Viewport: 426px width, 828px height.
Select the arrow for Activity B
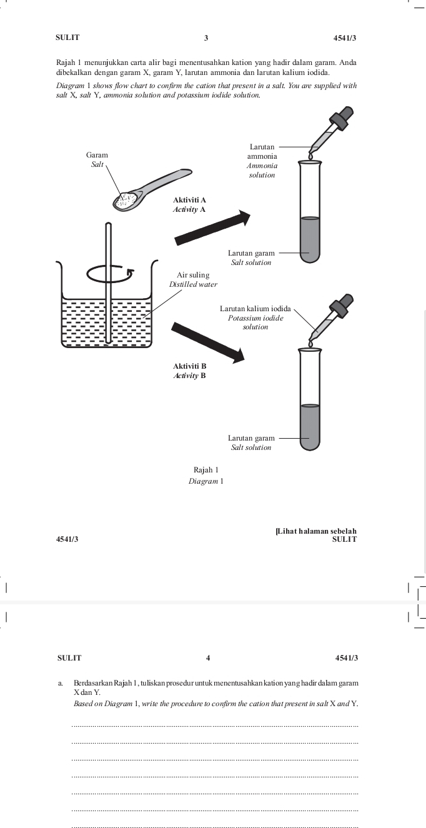click(208, 342)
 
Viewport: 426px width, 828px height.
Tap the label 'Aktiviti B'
click(189, 366)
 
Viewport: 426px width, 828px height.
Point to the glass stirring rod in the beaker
click(109, 281)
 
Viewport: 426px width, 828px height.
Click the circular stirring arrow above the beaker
click(110, 273)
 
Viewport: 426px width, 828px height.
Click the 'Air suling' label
click(193, 275)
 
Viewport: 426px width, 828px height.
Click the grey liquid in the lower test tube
click(310, 427)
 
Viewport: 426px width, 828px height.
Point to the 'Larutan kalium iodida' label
click(255, 309)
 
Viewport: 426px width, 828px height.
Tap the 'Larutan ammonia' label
click(262, 151)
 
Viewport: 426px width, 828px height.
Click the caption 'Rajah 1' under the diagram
click(206, 469)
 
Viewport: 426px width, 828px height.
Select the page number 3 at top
click(206, 38)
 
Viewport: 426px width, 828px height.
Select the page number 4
click(208, 658)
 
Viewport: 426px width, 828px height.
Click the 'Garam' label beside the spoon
click(97, 154)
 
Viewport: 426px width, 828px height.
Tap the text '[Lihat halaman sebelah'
click(316, 531)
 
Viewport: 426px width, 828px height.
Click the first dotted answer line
click(215, 726)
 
